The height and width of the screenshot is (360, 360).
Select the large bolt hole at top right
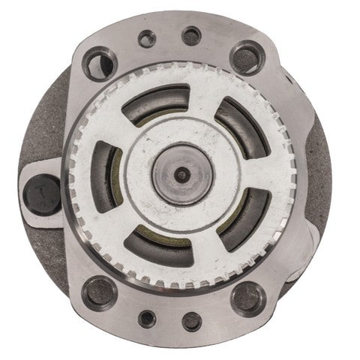pos(246,56)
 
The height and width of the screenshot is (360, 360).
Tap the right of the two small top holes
pos(192,34)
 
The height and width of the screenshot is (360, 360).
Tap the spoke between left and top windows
pos(125,130)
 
